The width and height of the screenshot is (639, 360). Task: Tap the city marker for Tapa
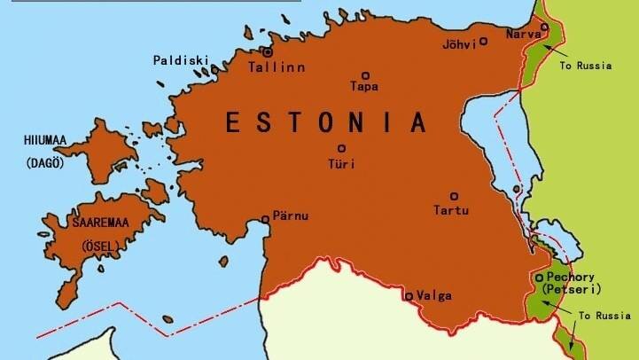pyautogui.click(x=365, y=76)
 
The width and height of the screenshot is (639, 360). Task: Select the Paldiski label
pyautogui.click(x=181, y=61)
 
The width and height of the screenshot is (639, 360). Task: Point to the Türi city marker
pyautogui.click(x=341, y=149)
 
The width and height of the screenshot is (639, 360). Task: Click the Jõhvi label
pyautogui.click(x=459, y=43)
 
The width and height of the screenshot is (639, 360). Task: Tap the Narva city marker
pyautogui.click(x=545, y=27)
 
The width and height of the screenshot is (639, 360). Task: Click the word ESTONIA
pyautogui.click(x=324, y=121)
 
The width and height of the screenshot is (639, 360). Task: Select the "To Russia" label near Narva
pyautogui.click(x=586, y=65)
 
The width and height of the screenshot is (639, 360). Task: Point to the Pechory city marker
pyautogui.click(x=539, y=278)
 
